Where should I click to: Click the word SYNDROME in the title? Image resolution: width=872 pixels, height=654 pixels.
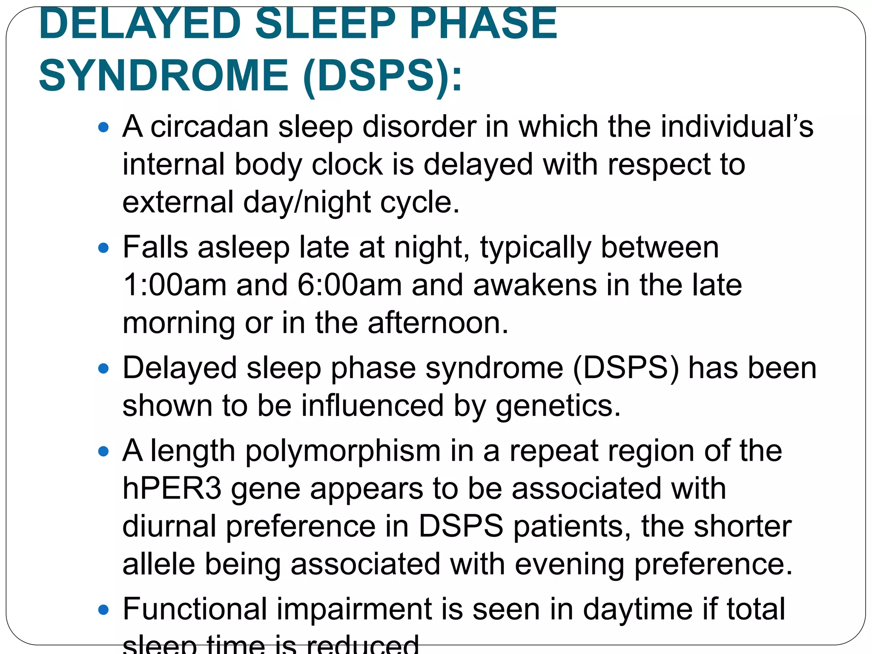pyautogui.click(x=163, y=76)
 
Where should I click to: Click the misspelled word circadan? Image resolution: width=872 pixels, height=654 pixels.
pyautogui.click(x=209, y=127)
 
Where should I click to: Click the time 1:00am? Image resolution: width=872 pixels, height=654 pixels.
pyautogui.click(x=175, y=285)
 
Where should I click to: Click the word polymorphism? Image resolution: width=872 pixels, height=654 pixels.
pyautogui.click(x=343, y=451)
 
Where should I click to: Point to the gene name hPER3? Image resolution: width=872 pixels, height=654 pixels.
pyautogui.click(x=172, y=488)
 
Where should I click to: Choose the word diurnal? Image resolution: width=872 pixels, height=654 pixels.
pyautogui.click(x=169, y=526)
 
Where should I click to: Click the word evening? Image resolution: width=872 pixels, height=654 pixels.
pyautogui.click(x=570, y=564)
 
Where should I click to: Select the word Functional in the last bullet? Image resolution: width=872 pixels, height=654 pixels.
pyautogui.click(x=195, y=609)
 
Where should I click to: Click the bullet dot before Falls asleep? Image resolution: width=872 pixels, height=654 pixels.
pyautogui.click(x=103, y=248)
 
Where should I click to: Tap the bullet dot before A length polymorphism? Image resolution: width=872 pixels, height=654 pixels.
pyautogui.click(x=103, y=451)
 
